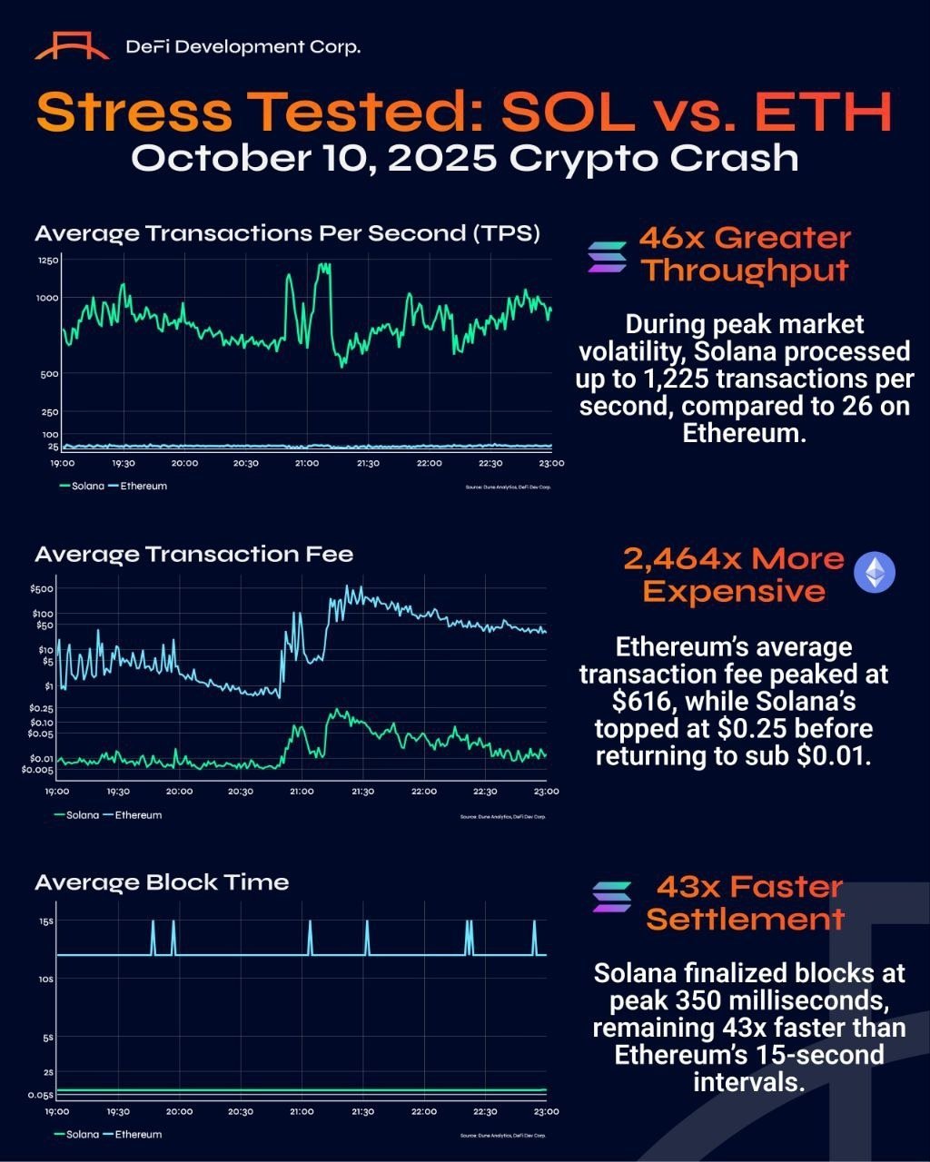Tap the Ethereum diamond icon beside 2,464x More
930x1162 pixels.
click(x=876, y=573)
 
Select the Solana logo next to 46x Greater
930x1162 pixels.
click(x=607, y=257)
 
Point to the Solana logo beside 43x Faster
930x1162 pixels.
click(x=611, y=896)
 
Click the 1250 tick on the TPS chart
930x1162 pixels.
click(x=48, y=261)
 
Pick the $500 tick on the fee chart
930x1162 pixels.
click(x=42, y=588)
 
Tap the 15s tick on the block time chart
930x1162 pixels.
click(x=46, y=921)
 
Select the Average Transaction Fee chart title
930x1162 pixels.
click(x=193, y=554)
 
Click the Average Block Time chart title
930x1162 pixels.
click(x=162, y=882)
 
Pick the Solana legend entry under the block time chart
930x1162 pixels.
click(x=77, y=1135)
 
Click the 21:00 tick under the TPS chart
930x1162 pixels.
click(x=306, y=464)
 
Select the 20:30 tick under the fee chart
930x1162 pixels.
click(x=241, y=792)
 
